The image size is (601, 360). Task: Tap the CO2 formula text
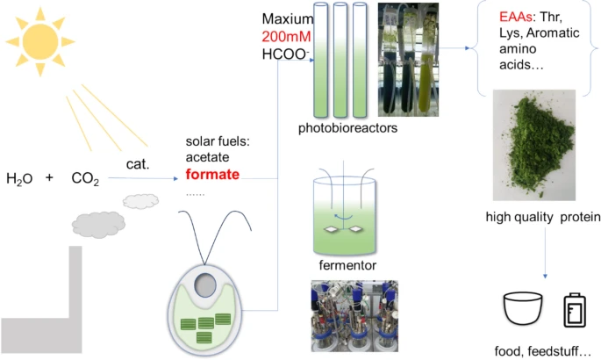[86, 179]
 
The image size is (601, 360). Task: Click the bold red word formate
[212, 174]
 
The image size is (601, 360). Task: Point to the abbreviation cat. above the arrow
[139, 162]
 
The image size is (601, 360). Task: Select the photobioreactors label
[348, 128]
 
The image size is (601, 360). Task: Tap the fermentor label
[347, 264]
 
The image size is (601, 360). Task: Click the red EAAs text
[515, 18]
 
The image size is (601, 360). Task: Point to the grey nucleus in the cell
[204, 284]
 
